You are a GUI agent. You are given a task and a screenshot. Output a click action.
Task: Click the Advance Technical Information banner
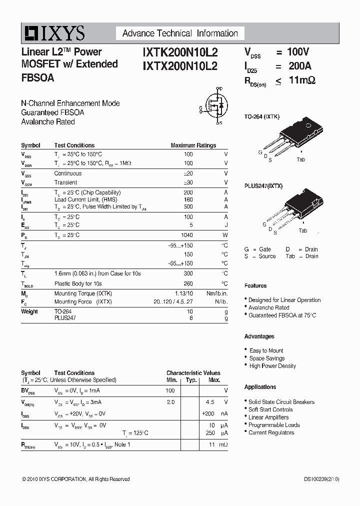[x=180, y=33]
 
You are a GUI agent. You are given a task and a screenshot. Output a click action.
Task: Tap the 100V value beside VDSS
[x=299, y=51]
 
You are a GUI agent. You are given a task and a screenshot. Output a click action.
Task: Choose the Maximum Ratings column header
[x=193, y=145]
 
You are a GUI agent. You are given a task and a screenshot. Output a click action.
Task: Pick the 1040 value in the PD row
[x=186, y=235]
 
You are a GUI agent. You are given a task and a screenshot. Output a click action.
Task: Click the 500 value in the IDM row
[x=188, y=206]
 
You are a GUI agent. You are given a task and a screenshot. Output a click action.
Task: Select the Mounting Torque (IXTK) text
[x=83, y=293]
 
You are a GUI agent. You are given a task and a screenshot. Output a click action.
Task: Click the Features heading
[x=255, y=285]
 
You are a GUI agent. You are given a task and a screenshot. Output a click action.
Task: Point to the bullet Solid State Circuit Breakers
[x=281, y=402]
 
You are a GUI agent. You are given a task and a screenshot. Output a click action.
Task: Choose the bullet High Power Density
[x=272, y=366]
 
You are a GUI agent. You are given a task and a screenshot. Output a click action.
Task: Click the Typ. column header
[x=190, y=380]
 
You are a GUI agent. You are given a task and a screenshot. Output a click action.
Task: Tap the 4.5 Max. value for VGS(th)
[x=210, y=402]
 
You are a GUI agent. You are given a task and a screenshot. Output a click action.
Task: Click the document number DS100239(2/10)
[x=321, y=479]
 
